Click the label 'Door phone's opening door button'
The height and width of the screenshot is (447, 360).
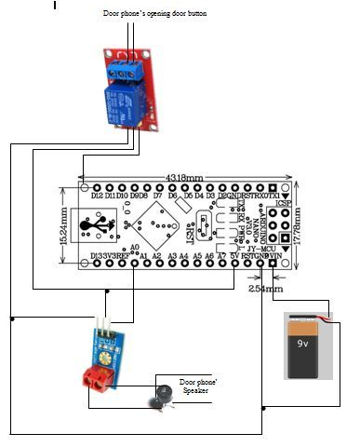(x=154, y=15)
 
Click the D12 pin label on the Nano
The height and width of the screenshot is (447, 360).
(x=96, y=196)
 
